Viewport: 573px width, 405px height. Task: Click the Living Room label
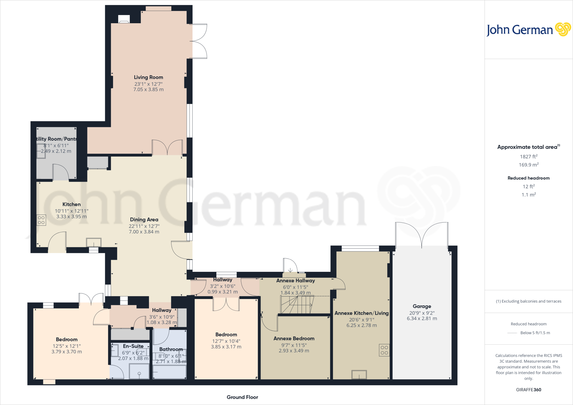148,77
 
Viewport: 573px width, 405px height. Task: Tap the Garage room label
422,306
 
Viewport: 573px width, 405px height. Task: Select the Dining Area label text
144,220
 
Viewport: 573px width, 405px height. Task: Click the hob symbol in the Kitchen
41,220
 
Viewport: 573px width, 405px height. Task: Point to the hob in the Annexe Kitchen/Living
384,350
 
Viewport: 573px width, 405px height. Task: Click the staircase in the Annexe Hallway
297,305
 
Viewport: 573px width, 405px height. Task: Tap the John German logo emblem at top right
563,29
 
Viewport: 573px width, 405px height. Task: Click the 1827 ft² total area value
529,157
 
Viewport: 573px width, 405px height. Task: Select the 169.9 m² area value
529,165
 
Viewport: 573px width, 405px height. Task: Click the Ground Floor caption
242,397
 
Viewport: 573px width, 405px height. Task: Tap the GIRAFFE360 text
529,390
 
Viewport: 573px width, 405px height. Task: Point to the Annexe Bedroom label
294,338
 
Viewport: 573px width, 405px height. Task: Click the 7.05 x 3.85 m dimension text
148,90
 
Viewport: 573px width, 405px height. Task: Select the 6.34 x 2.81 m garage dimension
422,318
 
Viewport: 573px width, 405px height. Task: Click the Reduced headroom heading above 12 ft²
529,178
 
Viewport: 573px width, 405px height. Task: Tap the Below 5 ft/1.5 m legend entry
535,333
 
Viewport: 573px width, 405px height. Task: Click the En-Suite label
133,346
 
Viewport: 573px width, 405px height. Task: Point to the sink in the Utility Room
41,151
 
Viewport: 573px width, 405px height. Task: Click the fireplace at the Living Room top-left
124,19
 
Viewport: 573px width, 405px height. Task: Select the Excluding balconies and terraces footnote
529,301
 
